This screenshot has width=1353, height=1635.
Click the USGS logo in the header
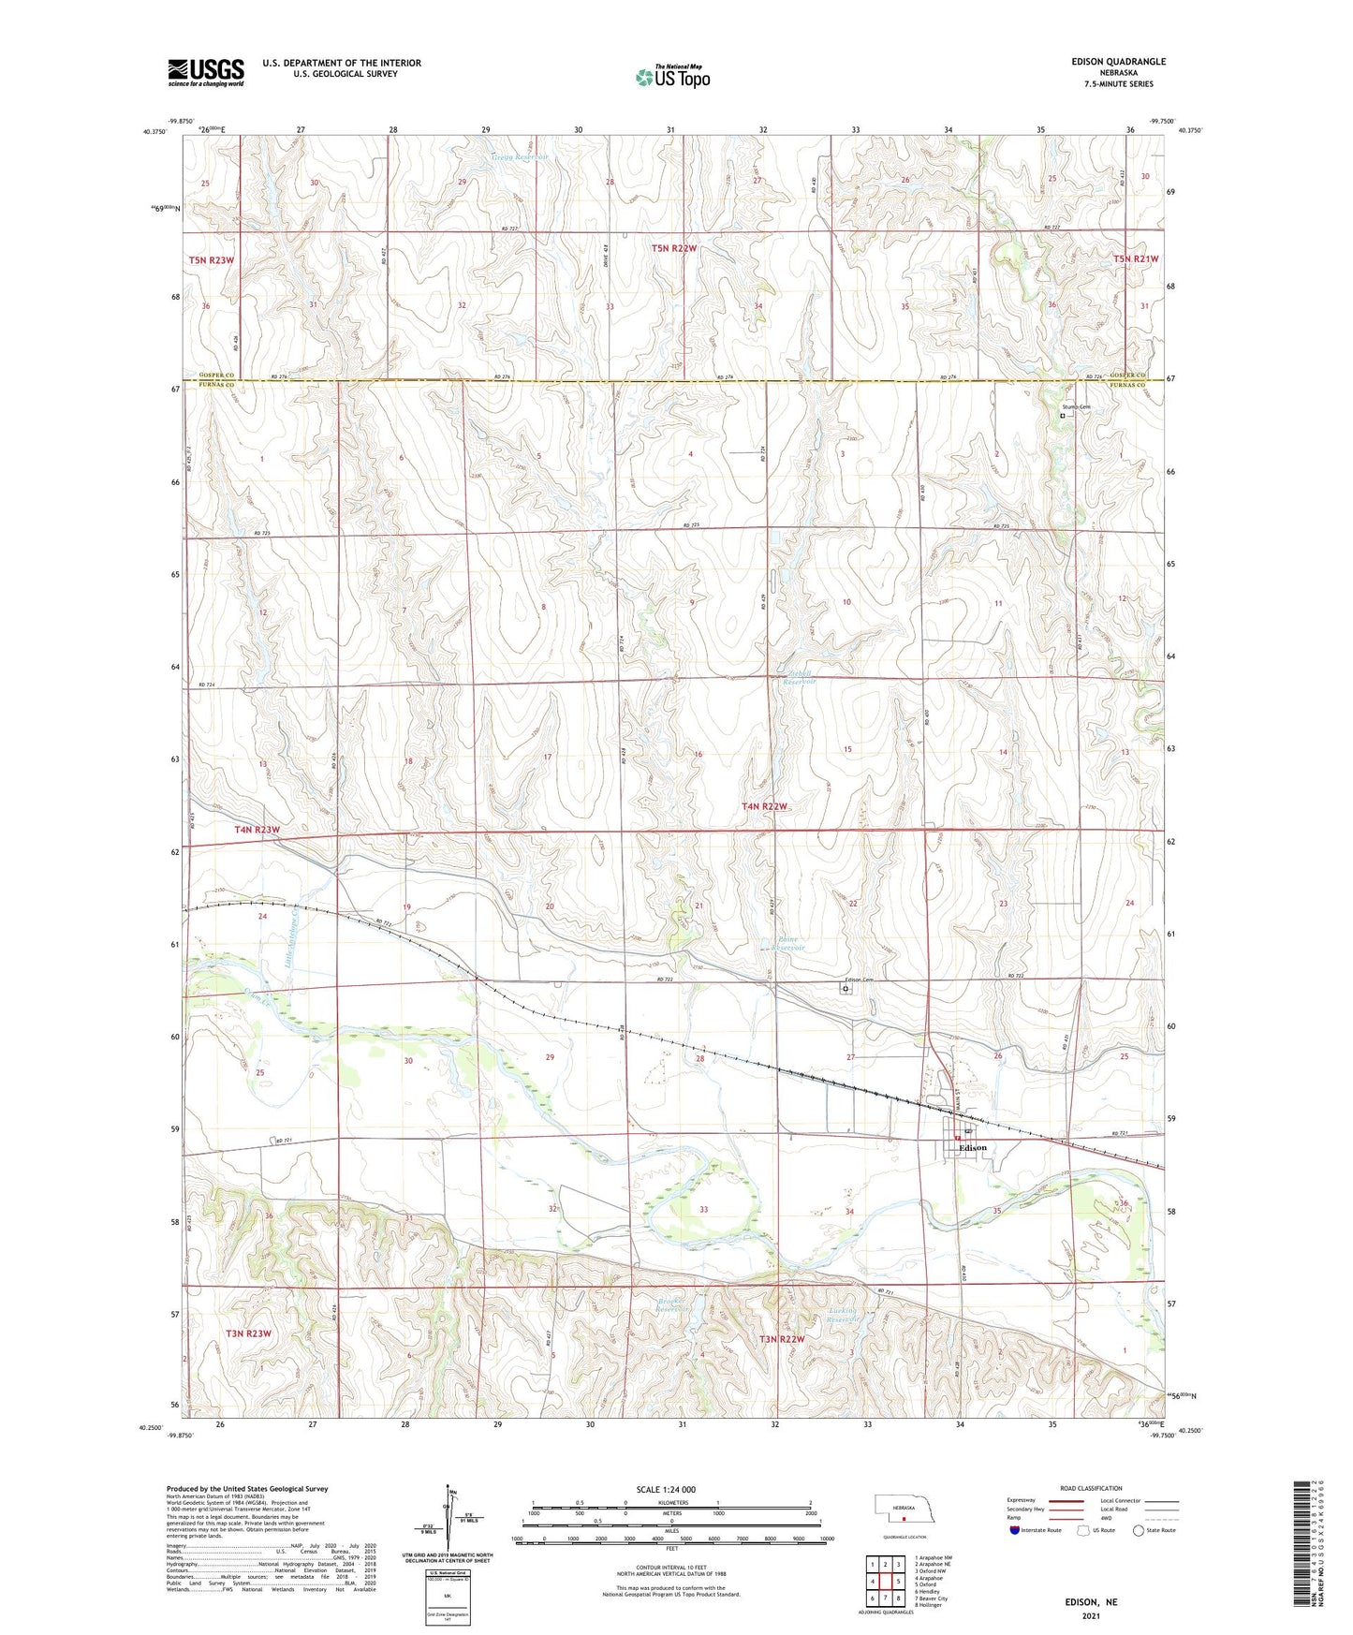pos(205,72)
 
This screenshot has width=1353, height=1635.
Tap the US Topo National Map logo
pos(671,76)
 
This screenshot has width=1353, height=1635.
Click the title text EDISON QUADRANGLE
pos(1119,62)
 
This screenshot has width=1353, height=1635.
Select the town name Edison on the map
pos(972,1147)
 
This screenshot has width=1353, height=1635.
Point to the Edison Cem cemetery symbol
pos(846,988)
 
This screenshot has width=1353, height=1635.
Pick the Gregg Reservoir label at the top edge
pos(520,157)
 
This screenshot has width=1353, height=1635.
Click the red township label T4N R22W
pos(765,806)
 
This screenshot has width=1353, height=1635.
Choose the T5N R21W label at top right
pos(1136,258)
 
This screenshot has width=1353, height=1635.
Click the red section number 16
pos(698,755)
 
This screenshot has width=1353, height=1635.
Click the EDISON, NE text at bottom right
pos(1091,1602)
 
